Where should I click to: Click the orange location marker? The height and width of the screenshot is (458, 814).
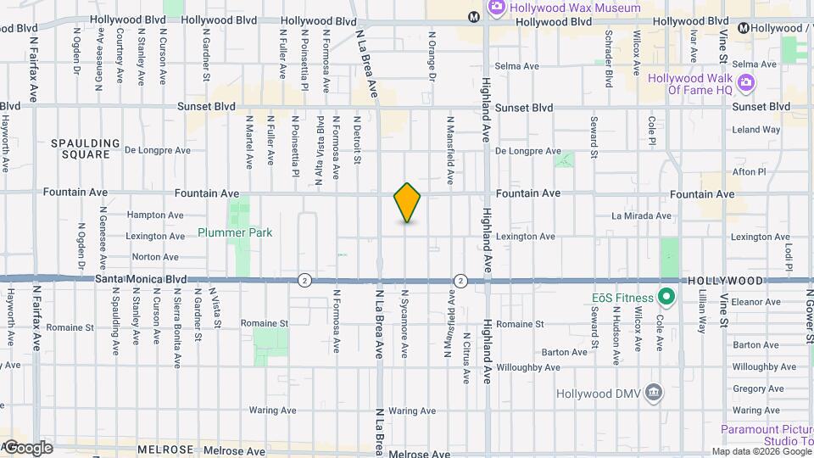[408, 203]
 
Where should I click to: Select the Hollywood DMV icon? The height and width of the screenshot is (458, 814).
[654, 394]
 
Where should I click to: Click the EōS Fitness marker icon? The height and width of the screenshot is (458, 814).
[666, 298]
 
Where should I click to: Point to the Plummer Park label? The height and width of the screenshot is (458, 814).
[235, 232]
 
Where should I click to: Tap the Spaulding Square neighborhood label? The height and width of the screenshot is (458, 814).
[81, 148]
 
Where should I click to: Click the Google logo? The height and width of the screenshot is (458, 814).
[27, 447]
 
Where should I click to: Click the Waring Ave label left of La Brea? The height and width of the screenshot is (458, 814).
[271, 411]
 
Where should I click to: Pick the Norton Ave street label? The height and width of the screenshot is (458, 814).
[155, 257]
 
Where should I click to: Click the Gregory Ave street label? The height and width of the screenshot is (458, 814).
[752, 388]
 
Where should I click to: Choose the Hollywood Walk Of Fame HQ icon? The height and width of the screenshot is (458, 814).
[745, 81]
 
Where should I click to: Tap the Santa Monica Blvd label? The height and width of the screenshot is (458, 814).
[141, 278]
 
